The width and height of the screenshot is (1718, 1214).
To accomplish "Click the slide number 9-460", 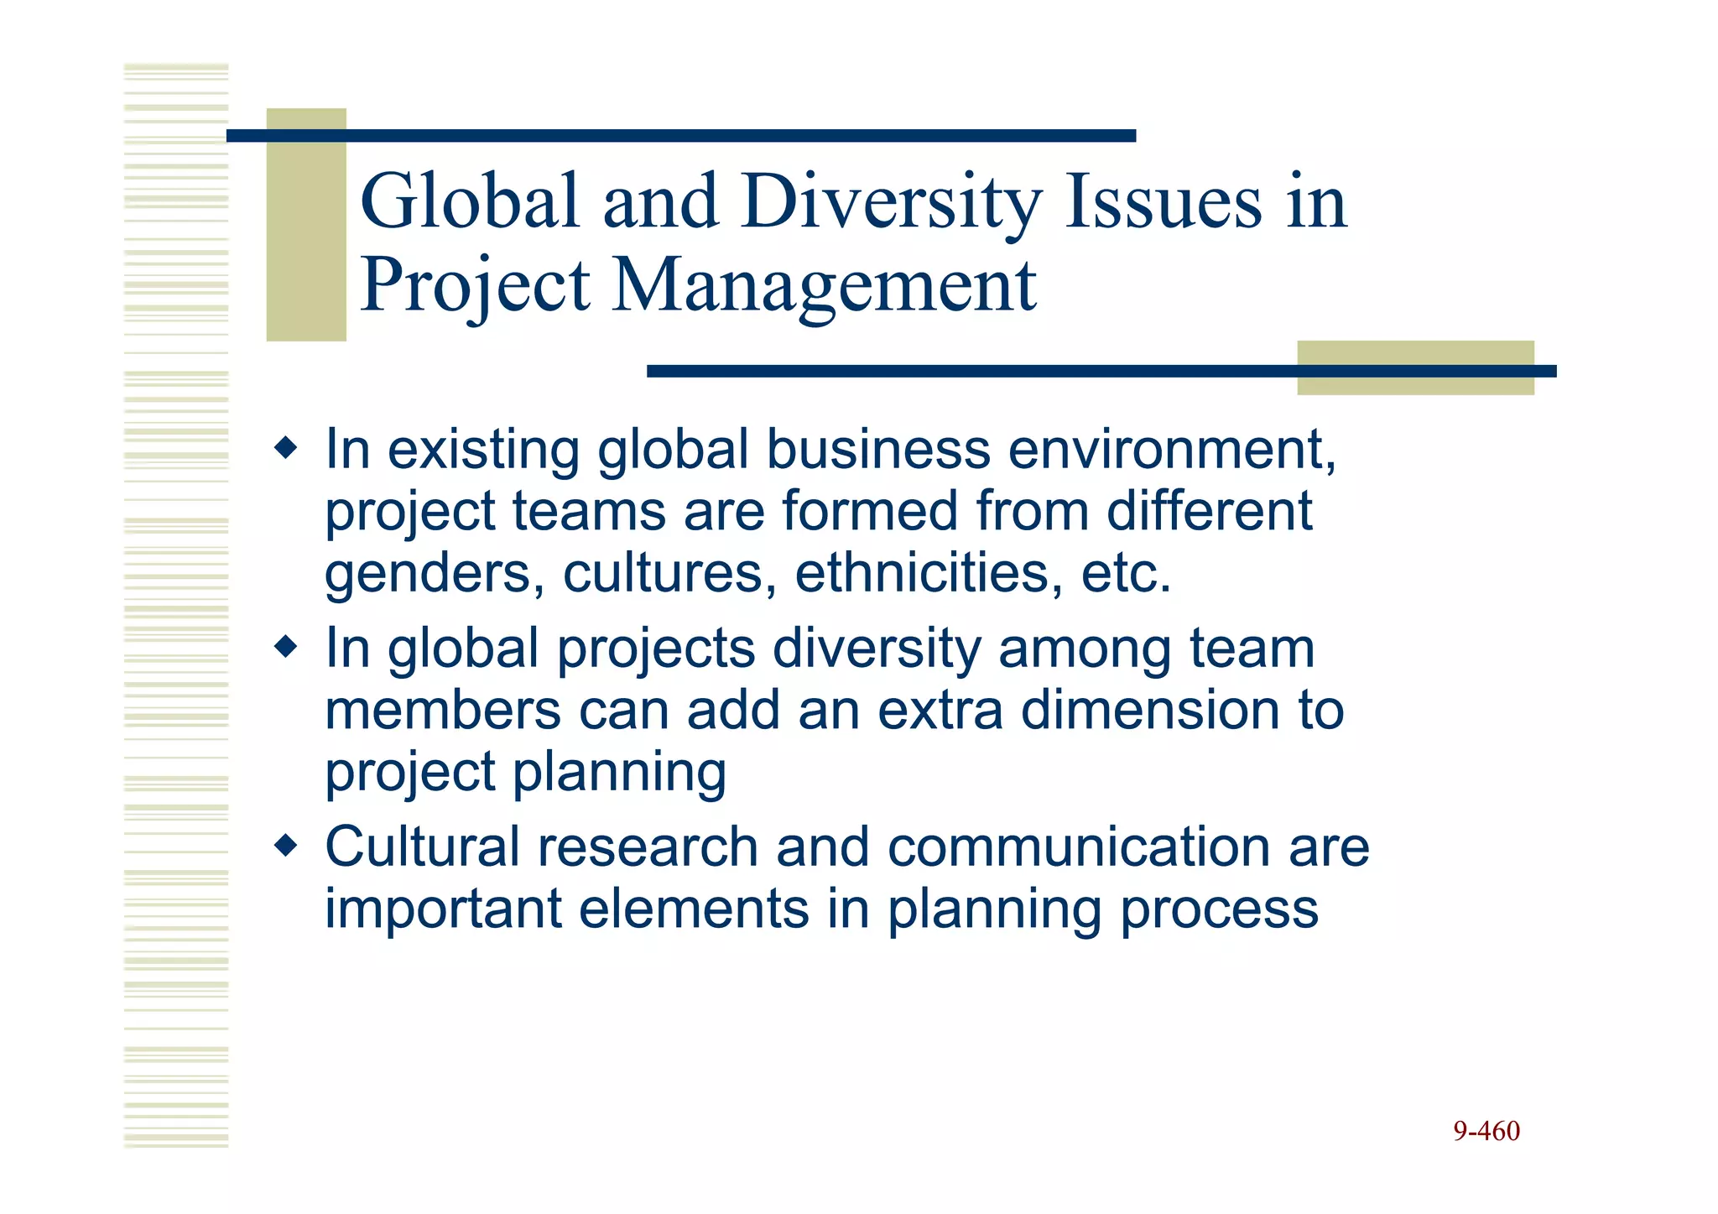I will pos(1486,1131).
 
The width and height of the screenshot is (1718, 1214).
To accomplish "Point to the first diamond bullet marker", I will pos(286,448).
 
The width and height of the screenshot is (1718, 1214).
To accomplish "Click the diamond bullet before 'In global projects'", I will pos(286,647).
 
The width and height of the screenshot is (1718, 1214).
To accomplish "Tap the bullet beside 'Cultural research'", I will pos(286,845).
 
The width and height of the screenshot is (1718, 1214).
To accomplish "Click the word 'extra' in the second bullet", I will pos(940,711).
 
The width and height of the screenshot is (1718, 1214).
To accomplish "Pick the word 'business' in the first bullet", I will pos(878,450).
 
